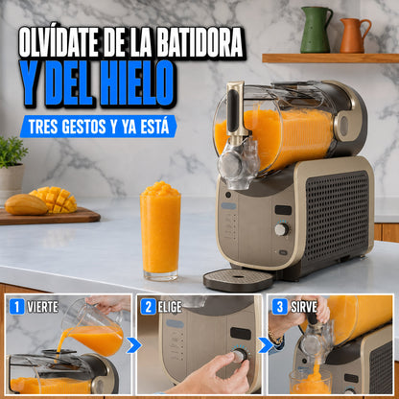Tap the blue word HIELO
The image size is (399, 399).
click(137, 82)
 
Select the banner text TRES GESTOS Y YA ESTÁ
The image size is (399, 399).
click(99, 127)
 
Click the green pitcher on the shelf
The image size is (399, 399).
click(316, 30)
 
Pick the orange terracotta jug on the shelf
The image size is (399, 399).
click(354, 35)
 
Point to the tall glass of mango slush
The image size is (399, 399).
click(160, 231)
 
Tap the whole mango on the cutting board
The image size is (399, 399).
click(26, 204)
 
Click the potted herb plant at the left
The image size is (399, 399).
click(12, 167)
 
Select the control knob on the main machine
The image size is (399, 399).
click(282, 229)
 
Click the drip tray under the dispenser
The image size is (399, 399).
click(238, 280)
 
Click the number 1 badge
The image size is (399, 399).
click(16, 307)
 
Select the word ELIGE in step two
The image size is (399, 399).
click(170, 307)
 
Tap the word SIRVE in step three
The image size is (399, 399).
click(304, 307)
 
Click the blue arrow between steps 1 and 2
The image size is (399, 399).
click(133, 345)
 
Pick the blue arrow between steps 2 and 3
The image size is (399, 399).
click(266, 345)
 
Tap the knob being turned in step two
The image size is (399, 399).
click(239, 355)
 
